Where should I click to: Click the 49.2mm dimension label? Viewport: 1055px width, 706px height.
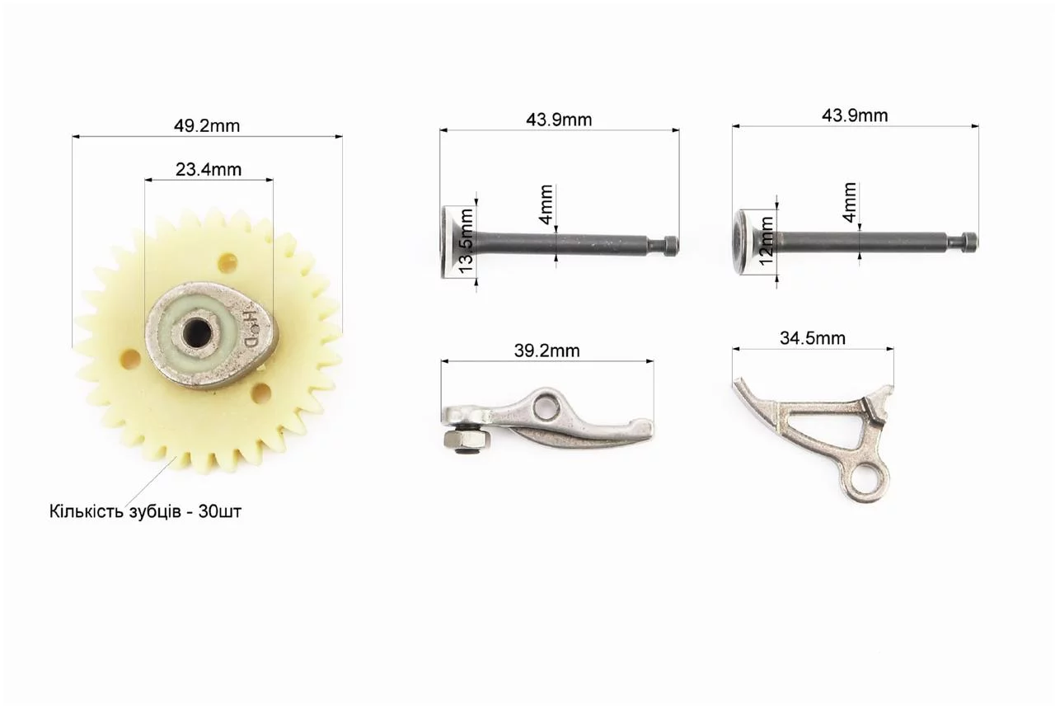point(207,126)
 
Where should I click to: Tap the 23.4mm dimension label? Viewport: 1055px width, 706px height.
point(209,169)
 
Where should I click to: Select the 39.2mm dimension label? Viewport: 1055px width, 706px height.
point(546,351)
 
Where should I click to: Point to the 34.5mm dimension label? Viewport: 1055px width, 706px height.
point(813,338)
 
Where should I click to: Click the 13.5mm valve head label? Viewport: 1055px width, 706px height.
point(466,240)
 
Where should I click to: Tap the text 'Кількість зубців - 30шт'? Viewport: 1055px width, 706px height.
point(145,511)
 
